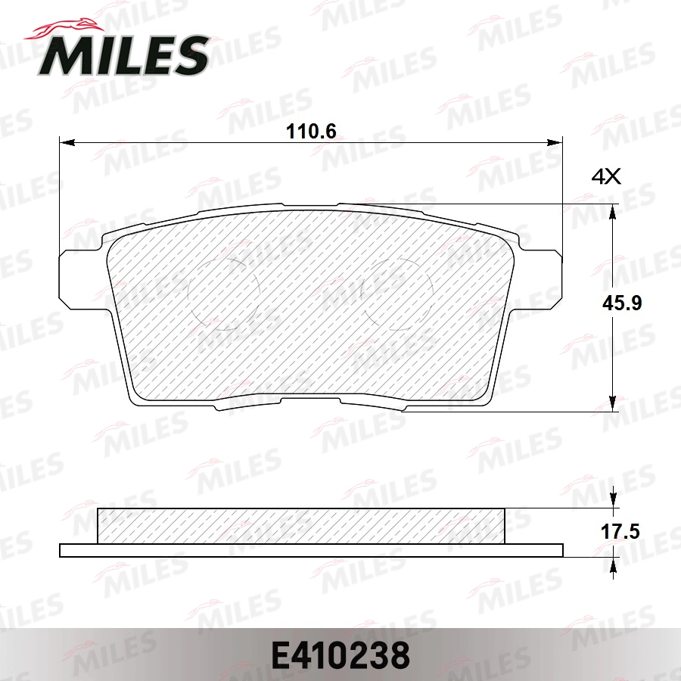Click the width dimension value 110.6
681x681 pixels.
click(x=310, y=130)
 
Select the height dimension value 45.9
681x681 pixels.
click(x=622, y=303)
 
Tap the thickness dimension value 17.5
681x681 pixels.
click(x=620, y=532)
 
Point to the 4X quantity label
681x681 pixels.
click(x=605, y=178)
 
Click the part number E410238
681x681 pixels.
click(x=340, y=655)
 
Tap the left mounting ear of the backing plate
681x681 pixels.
click(x=76, y=279)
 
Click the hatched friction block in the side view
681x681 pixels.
click(x=301, y=526)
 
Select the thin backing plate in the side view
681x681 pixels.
click(x=311, y=550)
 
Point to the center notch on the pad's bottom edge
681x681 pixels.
click(x=310, y=400)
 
